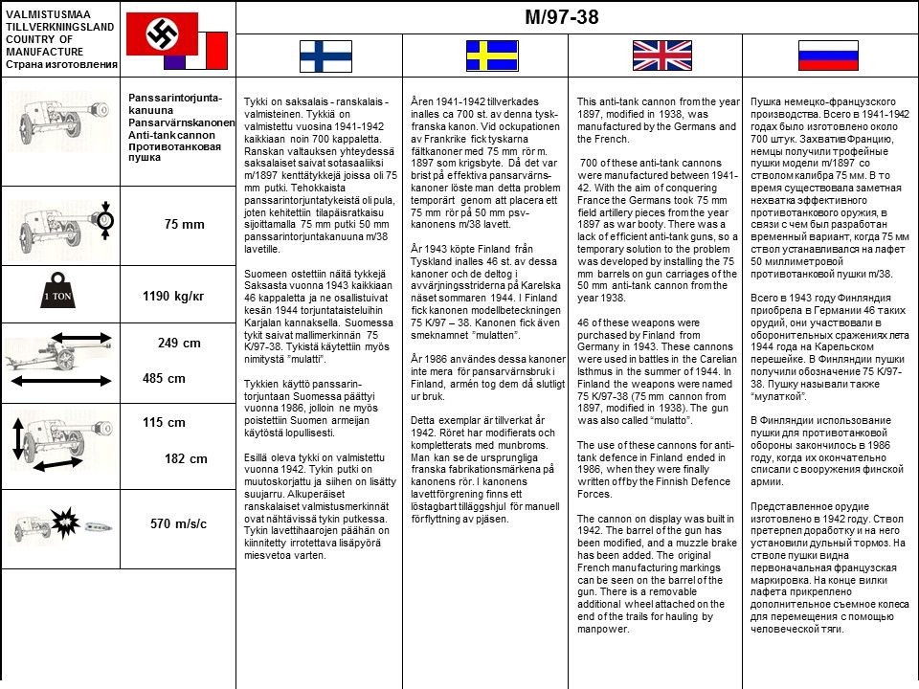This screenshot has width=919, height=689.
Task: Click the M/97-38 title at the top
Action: [x=561, y=17]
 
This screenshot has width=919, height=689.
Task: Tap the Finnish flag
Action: [x=325, y=56]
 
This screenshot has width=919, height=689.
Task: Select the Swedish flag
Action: [x=491, y=56]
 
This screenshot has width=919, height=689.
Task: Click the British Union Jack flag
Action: [x=657, y=56]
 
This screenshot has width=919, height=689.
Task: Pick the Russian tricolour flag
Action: [x=828, y=56]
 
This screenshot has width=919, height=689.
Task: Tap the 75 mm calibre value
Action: [x=185, y=224]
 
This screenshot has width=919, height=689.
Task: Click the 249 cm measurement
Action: [x=180, y=343]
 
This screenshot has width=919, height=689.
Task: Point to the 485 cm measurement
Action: [x=164, y=378]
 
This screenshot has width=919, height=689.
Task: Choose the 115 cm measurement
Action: [x=164, y=422]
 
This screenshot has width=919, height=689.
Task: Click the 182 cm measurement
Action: [x=186, y=458]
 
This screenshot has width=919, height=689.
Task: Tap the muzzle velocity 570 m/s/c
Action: [x=179, y=523]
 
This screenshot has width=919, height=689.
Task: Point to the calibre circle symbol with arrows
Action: [x=105, y=222]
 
